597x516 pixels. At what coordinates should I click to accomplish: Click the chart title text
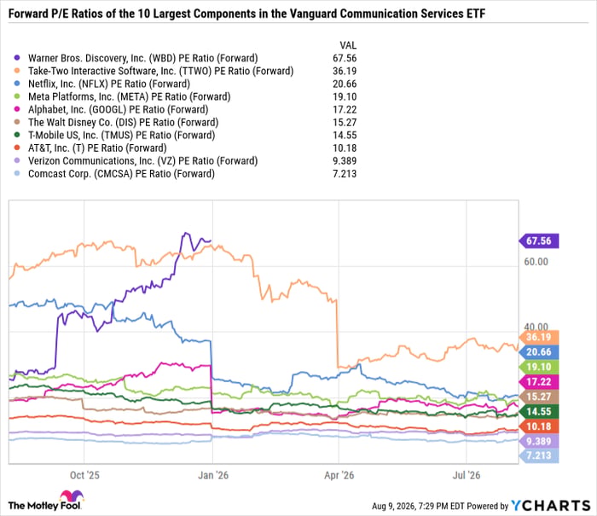tap(246, 14)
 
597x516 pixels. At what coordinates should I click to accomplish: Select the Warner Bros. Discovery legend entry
tap(142, 58)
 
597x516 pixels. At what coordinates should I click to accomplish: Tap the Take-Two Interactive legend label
tap(160, 71)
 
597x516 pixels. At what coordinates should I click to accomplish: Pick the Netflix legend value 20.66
tap(345, 84)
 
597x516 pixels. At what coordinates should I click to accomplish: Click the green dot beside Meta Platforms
tap(17, 96)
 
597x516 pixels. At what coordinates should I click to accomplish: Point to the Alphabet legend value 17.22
tap(345, 110)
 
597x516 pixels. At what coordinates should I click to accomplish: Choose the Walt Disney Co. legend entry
tap(124, 123)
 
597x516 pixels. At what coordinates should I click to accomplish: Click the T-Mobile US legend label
tap(121, 136)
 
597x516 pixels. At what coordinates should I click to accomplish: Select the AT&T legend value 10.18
tap(345, 148)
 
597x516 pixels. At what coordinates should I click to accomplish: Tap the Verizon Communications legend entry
tap(142, 161)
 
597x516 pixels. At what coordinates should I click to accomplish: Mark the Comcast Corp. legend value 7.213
tap(345, 174)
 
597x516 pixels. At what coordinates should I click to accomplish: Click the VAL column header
tap(348, 45)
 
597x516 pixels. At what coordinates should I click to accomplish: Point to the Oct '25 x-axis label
tap(84, 475)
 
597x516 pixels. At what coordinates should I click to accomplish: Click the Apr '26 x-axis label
tap(339, 475)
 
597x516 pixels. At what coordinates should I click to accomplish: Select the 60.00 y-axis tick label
tap(536, 262)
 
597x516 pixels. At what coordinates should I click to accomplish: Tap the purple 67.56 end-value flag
tap(539, 241)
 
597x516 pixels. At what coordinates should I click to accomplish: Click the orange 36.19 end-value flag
tap(539, 337)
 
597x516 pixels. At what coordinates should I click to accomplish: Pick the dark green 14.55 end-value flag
tap(539, 412)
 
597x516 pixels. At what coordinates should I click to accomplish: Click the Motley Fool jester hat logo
tap(72, 496)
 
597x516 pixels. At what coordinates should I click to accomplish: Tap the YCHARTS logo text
tap(551, 506)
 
